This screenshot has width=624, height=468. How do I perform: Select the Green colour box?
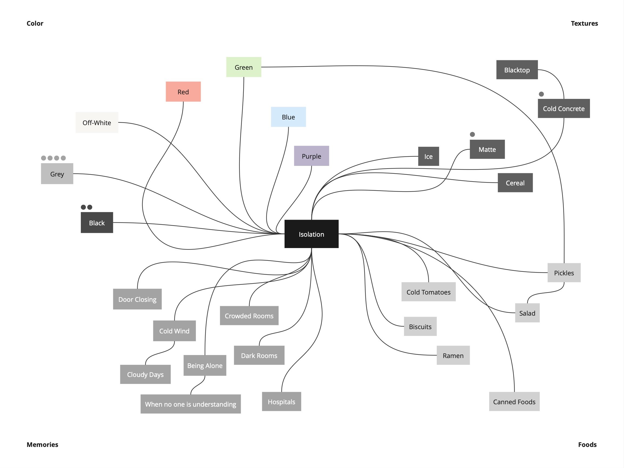pos(243,67)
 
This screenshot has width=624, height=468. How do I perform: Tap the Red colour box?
pos(183,92)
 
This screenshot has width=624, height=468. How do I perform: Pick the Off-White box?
pos(97,122)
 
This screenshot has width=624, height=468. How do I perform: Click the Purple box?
pos(311,156)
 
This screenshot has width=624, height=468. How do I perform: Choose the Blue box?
pos(288,117)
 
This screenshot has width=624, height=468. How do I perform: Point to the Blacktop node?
pos(517,70)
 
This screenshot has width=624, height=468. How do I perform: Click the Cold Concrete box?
pos(563,108)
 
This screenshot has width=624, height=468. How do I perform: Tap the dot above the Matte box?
pos(472,134)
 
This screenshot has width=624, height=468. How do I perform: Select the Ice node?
pos(428,156)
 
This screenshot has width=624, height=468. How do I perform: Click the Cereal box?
pos(515,183)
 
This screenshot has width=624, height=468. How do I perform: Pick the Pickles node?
pos(564,273)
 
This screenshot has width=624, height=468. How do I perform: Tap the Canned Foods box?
pos(514,402)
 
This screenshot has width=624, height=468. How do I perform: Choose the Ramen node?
pos(453,355)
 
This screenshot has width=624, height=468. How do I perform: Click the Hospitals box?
pos(281,402)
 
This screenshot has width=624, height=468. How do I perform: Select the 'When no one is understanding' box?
pos(191,404)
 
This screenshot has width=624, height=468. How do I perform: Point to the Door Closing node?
pos(137,299)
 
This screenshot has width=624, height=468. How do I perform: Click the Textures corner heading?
pos(584,24)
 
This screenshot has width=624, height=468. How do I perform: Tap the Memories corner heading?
pos(42,444)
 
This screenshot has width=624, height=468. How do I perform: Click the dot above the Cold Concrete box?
pos(541,94)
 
